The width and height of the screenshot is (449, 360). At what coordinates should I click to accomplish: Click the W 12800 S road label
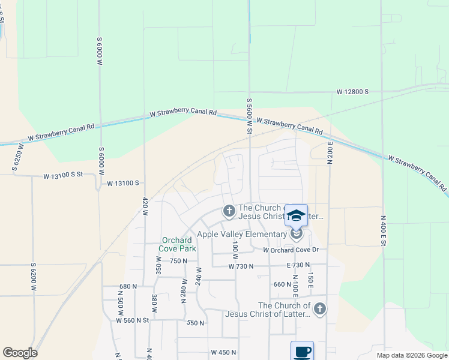click(x=352, y=92)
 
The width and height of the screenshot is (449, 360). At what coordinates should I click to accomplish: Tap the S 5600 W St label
click(x=249, y=116)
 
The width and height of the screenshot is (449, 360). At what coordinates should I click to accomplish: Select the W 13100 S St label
click(x=70, y=176)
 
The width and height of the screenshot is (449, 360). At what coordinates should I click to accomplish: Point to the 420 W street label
click(x=145, y=207)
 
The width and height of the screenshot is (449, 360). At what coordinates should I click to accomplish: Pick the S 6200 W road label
click(x=34, y=278)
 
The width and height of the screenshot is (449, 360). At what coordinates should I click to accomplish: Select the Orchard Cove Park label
click(x=176, y=244)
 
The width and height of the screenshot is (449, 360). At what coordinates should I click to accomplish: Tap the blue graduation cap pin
click(x=296, y=215)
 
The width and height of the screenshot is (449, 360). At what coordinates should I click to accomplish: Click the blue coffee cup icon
click(x=302, y=351)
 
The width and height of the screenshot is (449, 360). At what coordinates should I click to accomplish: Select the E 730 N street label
click(x=298, y=265)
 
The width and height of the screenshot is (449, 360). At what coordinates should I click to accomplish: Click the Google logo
click(x=20, y=353)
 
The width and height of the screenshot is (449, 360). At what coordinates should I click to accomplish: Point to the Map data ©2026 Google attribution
click(x=412, y=355)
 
